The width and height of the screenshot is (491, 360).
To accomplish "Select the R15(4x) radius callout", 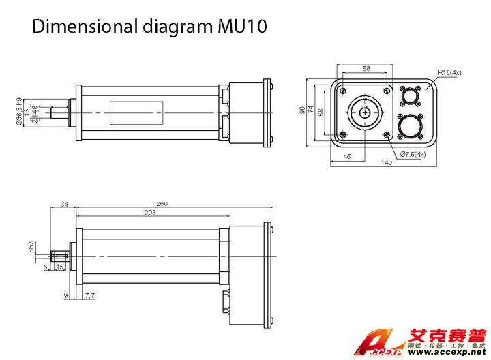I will point(449,71).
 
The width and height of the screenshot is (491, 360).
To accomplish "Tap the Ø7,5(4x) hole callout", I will point(413,154).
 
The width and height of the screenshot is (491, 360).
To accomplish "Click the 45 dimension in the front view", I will point(346,156).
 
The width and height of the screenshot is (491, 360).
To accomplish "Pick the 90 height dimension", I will point(302,110).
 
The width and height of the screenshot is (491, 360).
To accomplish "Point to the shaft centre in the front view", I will point(366,112).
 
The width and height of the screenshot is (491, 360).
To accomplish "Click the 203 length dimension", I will point(150,213).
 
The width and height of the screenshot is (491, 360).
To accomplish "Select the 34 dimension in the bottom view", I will point(64,204).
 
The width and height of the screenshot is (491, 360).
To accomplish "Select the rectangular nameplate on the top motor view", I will point(136,112).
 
